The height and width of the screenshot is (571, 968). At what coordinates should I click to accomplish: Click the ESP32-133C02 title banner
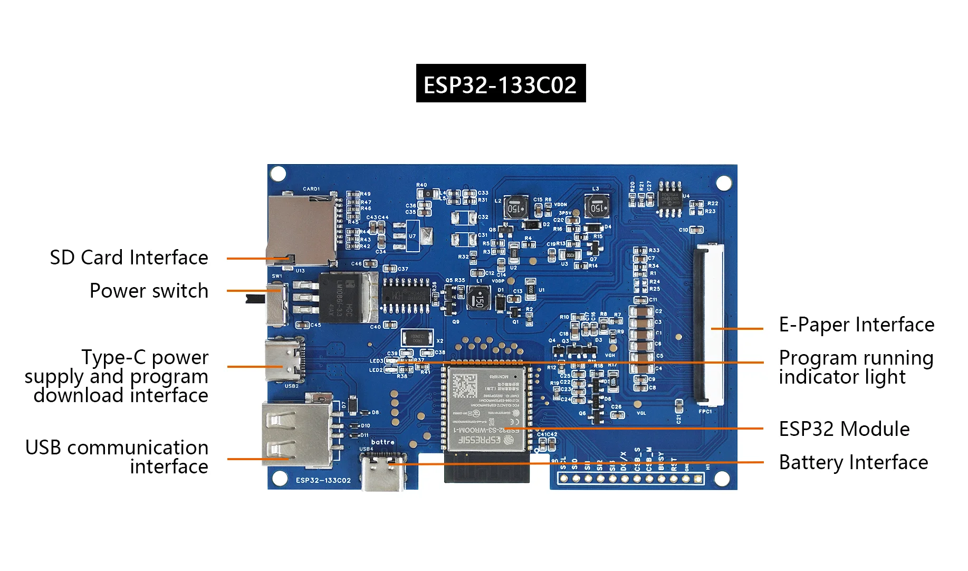click(501, 83)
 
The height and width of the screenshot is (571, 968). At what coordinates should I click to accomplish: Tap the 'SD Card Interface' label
click(129, 258)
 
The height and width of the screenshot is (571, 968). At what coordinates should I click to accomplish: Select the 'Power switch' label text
click(149, 291)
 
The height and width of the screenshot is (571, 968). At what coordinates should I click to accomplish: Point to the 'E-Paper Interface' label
click(856, 325)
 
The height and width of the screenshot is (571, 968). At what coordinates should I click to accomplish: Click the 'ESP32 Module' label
click(844, 429)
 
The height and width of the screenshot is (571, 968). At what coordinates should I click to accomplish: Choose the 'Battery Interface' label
click(853, 462)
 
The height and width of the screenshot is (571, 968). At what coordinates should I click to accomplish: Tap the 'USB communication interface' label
click(117, 457)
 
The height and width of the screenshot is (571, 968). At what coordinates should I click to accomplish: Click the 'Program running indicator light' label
click(856, 367)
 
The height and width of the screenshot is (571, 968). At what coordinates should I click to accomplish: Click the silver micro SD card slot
click(302, 230)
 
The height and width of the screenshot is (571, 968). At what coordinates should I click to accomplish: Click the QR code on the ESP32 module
click(464, 386)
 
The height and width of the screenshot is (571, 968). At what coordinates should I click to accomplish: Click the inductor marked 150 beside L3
click(598, 206)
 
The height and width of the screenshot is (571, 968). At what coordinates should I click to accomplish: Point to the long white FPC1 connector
click(708, 323)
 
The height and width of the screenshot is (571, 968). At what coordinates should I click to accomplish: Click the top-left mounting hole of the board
click(278, 174)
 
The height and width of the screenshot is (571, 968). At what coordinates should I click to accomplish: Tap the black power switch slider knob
click(255, 299)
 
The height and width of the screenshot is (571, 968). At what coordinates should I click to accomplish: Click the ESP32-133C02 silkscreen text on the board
click(323, 480)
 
